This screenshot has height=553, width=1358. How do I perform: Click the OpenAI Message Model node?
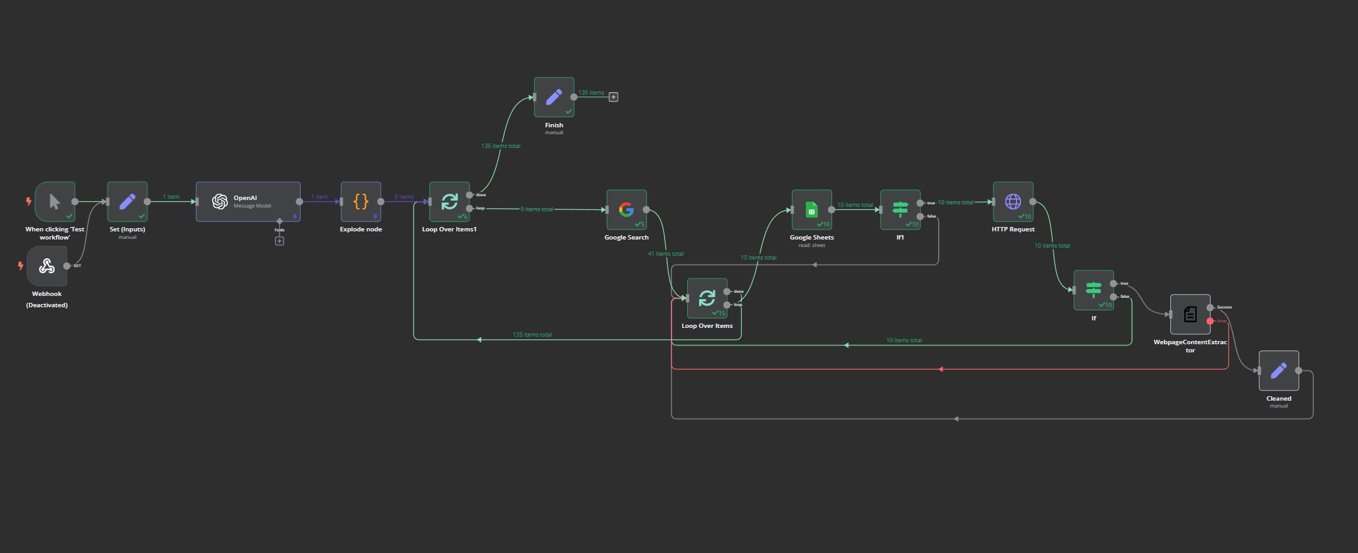click(x=248, y=202)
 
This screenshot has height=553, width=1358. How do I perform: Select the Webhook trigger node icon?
click(x=47, y=266)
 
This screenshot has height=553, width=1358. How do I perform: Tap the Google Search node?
click(x=626, y=209)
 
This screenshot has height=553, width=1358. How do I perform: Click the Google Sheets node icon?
click(x=811, y=209)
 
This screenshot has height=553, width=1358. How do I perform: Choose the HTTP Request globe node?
click(x=1013, y=202)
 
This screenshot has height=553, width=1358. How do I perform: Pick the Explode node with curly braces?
click(x=361, y=202)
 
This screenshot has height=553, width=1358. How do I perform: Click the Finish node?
click(x=554, y=97)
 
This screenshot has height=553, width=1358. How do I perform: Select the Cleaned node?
click(x=1278, y=371)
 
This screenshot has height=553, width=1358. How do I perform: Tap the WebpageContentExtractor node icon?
click(x=1190, y=314)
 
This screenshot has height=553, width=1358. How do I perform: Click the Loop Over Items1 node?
click(x=449, y=202)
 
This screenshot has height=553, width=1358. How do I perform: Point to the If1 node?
click(x=900, y=209)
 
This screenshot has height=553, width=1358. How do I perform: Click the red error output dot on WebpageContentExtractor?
click(x=1210, y=321)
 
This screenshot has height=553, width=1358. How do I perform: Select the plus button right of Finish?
click(x=614, y=97)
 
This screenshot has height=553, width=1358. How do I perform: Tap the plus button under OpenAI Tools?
click(x=280, y=241)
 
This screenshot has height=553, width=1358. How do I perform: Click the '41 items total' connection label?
click(x=666, y=254)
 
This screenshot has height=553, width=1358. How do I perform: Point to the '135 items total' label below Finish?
click(x=501, y=146)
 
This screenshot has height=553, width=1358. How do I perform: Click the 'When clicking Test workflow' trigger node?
click(x=55, y=202)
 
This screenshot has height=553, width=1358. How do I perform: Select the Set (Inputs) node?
click(x=127, y=202)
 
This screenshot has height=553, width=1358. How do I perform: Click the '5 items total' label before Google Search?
click(x=537, y=209)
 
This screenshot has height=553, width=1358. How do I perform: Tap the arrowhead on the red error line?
click(x=940, y=369)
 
